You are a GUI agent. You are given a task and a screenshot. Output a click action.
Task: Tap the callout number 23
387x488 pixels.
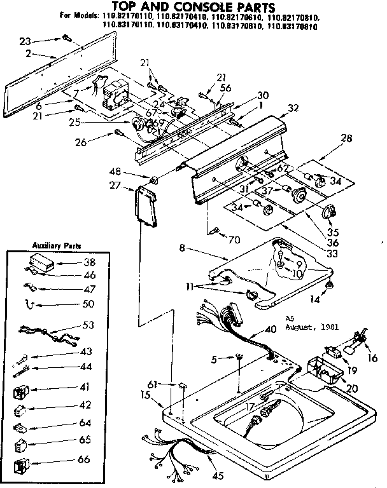click(x=25, y=41)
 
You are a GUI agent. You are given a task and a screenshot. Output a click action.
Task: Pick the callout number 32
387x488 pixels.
click(x=293, y=108)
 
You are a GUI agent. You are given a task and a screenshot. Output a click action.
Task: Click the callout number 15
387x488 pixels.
click(x=145, y=395)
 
